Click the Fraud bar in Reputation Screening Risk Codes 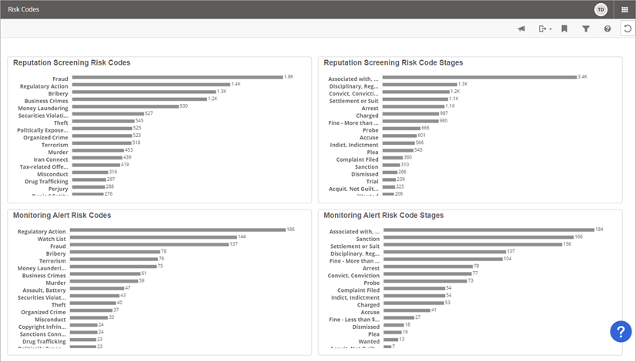pyautogui.click(x=176, y=78)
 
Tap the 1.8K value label pyautogui.click(x=289, y=77)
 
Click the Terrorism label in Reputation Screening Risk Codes pyautogui.click(x=55, y=144)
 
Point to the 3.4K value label pyautogui.click(x=582, y=77)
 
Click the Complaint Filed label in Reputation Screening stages pyautogui.click(x=356, y=159)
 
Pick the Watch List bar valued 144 pyautogui.click(x=153, y=237)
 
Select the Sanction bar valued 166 pyautogui.click(x=477, y=237)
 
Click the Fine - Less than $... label pyautogui.click(x=352, y=318)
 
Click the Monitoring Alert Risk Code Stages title pyautogui.click(x=383, y=216)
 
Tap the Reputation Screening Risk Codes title pyautogui.click(x=72, y=62)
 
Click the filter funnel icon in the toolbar pyautogui.click(x=586, y=28)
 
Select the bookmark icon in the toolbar pyautogui.click(x=564, y=28)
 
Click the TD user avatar pyautogui.click(x=601, y=9)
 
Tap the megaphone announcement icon pyautogui.click(x=521, y=28)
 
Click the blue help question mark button pyautogui.click(x=621, y=331)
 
